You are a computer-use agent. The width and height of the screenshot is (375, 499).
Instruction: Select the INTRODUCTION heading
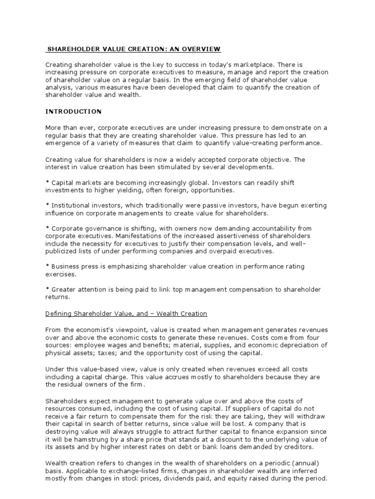(73, 112)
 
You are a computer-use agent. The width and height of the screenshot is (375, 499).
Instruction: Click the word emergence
(64, 143)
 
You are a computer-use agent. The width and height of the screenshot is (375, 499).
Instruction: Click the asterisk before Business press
(47, 267)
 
